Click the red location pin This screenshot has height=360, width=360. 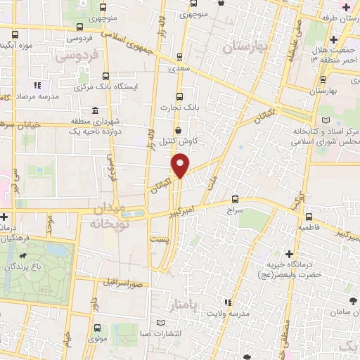[x=181, y=165]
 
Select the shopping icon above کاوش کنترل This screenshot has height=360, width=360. [x=179, y=131]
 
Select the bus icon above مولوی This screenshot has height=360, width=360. [x=96, y=326]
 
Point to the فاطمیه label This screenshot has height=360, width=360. [x=309, y=228]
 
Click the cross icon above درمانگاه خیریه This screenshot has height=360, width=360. [x=289, y=253]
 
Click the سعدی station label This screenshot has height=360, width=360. [x=179, y=70]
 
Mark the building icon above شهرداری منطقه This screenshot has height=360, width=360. [x=95, y=109]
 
